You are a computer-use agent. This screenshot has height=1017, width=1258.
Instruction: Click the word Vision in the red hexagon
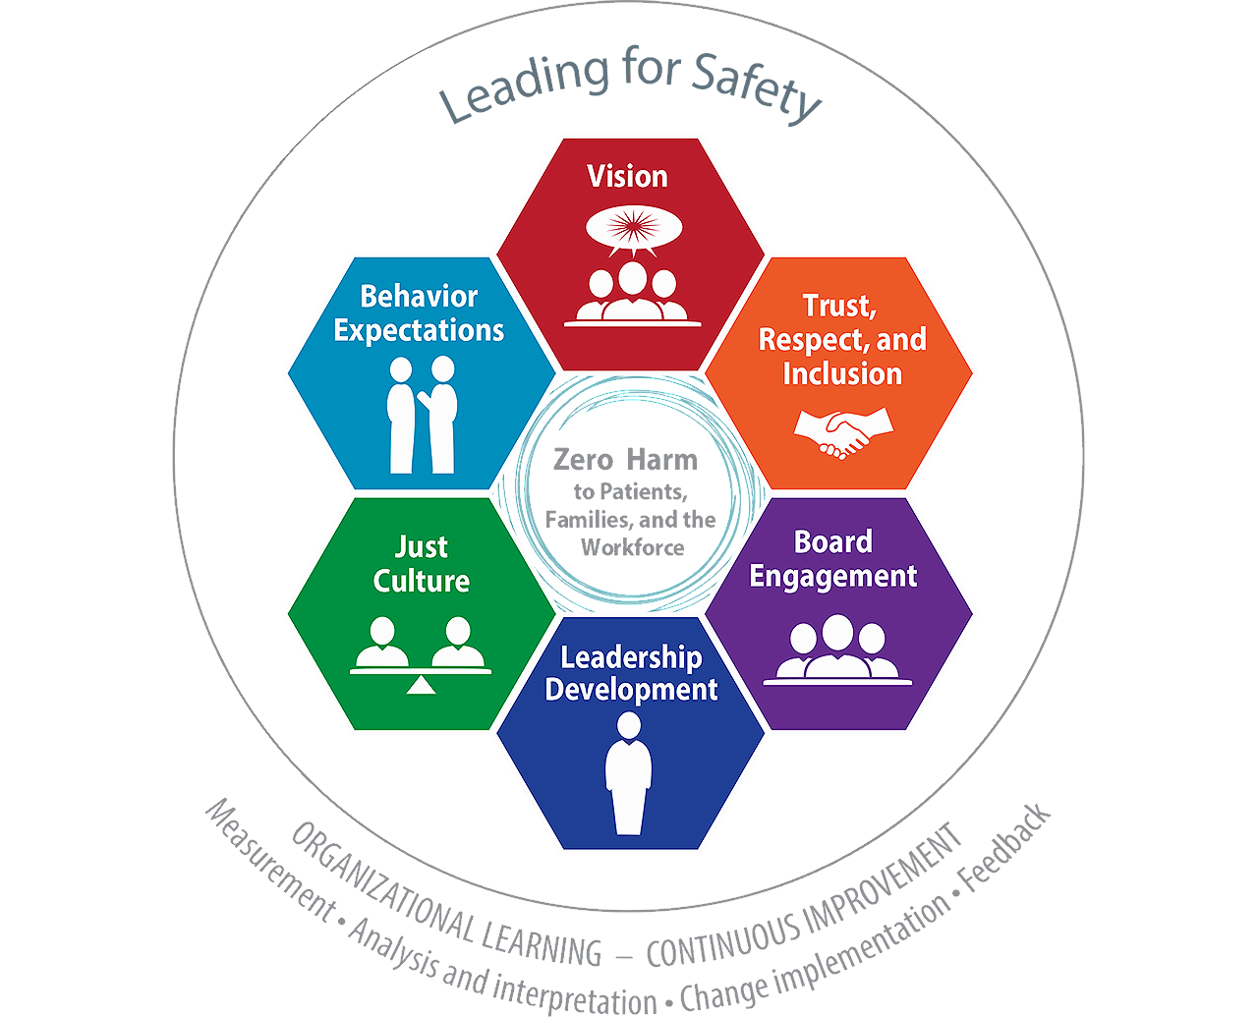[628, 177]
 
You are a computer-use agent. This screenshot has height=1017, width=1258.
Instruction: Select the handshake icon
[843, 432]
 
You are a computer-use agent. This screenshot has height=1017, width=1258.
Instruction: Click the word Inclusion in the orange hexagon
[842, 374]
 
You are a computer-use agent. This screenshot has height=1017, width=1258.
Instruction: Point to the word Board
[833, 542]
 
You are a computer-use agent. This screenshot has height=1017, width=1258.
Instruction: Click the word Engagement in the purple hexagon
[833, 576]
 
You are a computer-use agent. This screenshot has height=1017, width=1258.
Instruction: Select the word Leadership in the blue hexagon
[631, 657]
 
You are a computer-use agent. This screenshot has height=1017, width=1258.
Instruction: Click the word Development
[631, 690]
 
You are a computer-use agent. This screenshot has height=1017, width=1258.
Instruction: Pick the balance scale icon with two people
[421, 653]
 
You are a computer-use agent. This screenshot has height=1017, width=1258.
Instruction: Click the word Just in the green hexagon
[422, 546]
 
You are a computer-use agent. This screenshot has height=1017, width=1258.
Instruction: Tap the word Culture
[422, 581]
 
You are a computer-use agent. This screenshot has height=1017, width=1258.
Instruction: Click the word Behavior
[419, 296]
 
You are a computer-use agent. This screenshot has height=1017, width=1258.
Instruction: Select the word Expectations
[419, 330]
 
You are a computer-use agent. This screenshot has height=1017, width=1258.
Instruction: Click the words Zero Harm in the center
[625, 460]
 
